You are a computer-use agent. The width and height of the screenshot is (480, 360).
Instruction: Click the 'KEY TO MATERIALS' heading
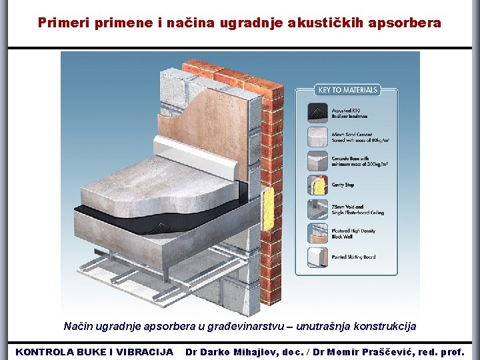point(347,90)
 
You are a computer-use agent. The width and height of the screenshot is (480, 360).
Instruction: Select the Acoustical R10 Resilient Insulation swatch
point(318,111)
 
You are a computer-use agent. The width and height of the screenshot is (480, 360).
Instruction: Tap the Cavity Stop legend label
point(343,185)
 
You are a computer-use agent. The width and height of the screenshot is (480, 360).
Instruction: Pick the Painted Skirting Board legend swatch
point(318,257)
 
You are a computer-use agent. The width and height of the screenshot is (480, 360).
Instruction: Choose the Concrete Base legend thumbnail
point(318,161)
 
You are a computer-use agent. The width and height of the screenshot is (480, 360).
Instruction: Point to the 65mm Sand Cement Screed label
point(351,137)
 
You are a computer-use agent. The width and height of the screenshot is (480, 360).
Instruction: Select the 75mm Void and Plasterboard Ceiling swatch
point(318,209)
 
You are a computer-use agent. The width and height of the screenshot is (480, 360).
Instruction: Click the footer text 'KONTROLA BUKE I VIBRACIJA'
point(94,351)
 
